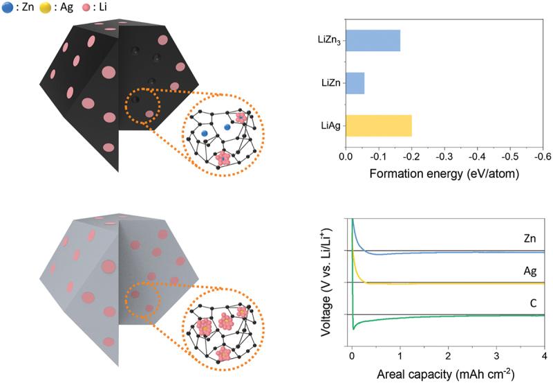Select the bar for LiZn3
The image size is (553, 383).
pos(372,41)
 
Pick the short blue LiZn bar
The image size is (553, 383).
pos(354,84)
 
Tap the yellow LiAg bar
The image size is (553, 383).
pos(378,126)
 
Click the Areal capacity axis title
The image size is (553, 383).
pos(445,375)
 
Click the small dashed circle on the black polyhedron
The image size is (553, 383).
pos(142,107)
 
